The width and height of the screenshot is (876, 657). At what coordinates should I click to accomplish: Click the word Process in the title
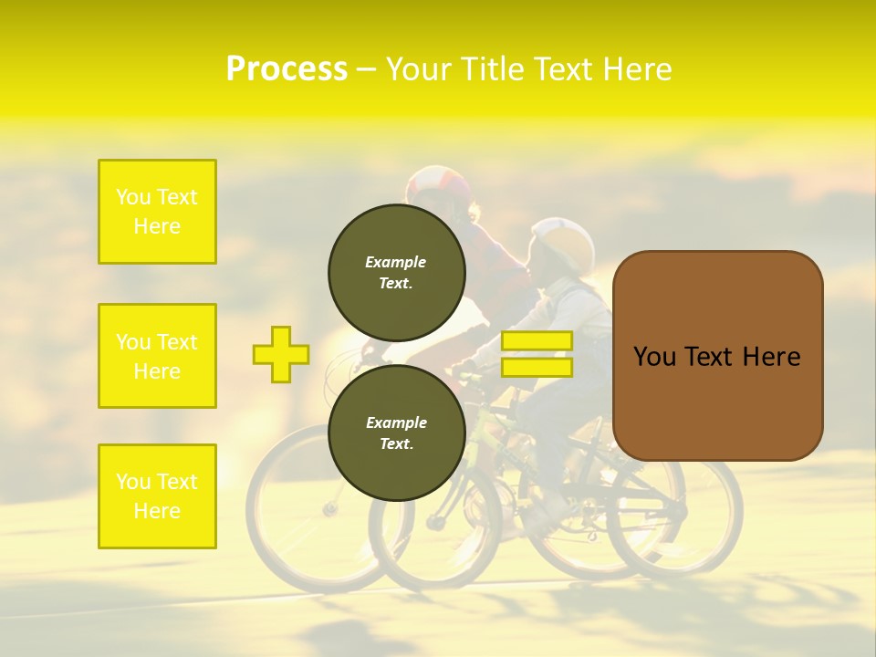point(287,69)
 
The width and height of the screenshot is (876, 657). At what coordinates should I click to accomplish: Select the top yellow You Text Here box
point(157,212)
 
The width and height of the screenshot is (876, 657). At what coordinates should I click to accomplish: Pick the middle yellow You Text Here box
point(157,356)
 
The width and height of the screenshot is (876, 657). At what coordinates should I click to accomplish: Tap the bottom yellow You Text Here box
point(157,496)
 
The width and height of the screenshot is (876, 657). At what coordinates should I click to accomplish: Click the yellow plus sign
point(281,354)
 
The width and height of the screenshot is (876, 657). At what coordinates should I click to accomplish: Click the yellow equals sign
point(537,354)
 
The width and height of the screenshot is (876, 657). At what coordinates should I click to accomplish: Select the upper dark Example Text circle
point(396,272)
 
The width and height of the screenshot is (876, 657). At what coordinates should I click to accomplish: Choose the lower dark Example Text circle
point(396,433)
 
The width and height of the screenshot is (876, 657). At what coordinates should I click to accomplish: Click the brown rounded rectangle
point(717,356)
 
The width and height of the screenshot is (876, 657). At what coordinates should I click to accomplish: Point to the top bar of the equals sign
point(537,340)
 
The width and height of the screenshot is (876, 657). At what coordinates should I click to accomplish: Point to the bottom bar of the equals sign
point(537,367)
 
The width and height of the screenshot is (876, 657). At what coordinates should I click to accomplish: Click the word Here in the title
point(639,69)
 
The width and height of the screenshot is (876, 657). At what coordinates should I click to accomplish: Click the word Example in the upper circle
point(396,262)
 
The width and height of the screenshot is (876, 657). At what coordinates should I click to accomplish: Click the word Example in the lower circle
point(396,422)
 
